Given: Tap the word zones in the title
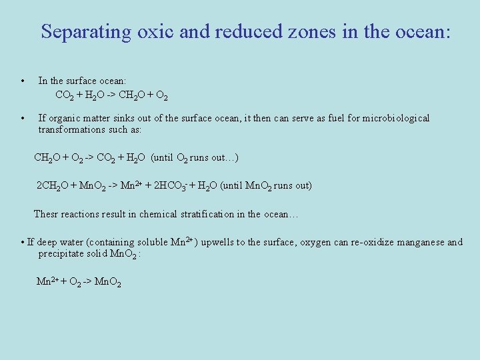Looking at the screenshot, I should [x=311, y=32].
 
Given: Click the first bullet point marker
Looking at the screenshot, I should [x=23, y=81].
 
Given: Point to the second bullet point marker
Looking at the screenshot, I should [x=23, y=119].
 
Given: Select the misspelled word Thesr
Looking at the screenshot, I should [x=47, y=215].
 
